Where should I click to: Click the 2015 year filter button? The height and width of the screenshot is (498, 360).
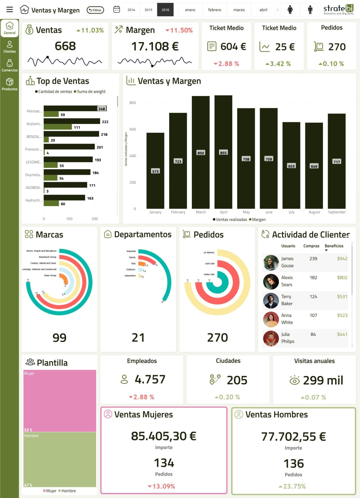[x=148, y=10]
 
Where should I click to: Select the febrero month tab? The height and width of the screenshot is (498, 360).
[x=214, y=10]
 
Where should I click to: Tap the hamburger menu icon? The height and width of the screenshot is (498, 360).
[x=10, y=10]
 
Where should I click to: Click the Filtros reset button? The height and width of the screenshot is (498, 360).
[x=95, y=10]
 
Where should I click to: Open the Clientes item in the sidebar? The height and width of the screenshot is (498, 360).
[x=10, y=47]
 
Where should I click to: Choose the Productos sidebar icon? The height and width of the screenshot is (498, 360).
[x=10, y=84]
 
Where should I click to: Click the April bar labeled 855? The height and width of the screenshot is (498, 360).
[x=223, y=152]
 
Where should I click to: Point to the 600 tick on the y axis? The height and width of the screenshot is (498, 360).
[x=132, y=129]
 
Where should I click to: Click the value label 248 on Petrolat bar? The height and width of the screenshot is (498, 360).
[x=102, y=109]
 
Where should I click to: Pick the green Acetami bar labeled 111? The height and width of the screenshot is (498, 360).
[x=58, y=127]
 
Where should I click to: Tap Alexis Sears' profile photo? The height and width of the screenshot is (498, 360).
[x=271, y=281]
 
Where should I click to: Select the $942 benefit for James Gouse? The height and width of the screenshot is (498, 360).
[x=342, y=258]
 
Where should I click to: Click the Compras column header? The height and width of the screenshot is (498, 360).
[x=311, y=246]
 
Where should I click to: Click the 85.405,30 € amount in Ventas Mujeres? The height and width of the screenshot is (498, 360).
[x=163, y=436]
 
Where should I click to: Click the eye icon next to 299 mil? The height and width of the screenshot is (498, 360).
[x=294, y=380]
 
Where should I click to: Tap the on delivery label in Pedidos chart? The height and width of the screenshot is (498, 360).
[x=209, y=253]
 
